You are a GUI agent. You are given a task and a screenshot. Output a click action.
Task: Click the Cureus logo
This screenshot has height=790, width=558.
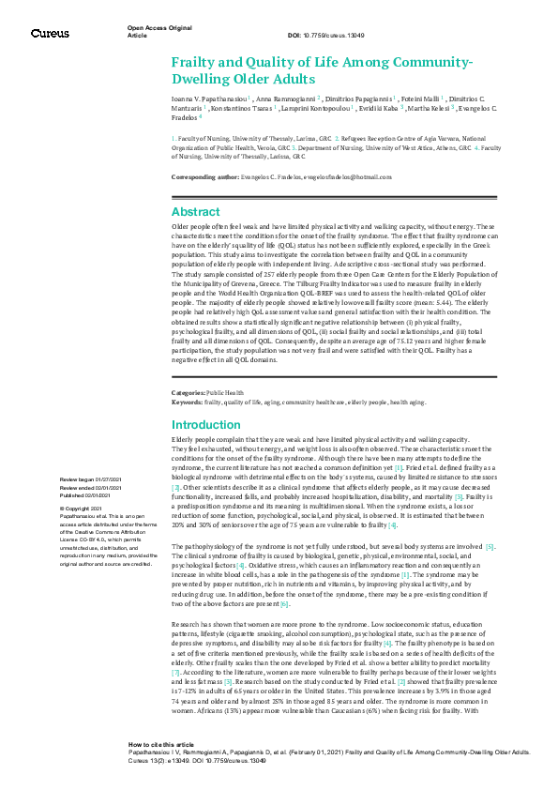click(x=50, y=34)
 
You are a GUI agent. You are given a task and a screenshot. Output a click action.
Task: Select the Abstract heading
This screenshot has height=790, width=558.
click(x=195, y=212)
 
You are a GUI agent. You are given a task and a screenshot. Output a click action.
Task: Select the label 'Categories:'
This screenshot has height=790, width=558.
click(x=189, y=392)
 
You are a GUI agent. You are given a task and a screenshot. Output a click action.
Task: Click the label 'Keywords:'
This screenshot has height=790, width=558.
click(x=188, y=401)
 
